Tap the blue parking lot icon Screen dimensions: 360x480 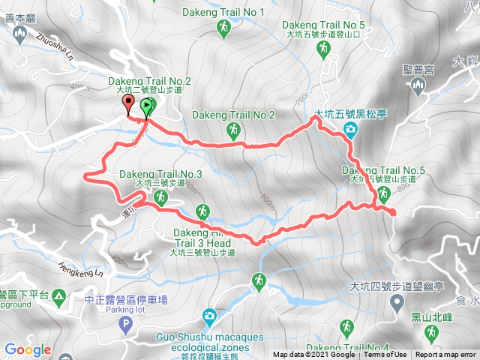tap(126, 324)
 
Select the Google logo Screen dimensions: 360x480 tap(28, 349)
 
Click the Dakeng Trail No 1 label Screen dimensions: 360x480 tap(223, 12)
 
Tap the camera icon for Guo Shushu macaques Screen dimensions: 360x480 tap(208, 316)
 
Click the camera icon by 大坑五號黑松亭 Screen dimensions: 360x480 tap(350, 132)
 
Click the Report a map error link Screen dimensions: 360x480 tap(447, 355)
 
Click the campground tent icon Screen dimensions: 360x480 tap(58, 294)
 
